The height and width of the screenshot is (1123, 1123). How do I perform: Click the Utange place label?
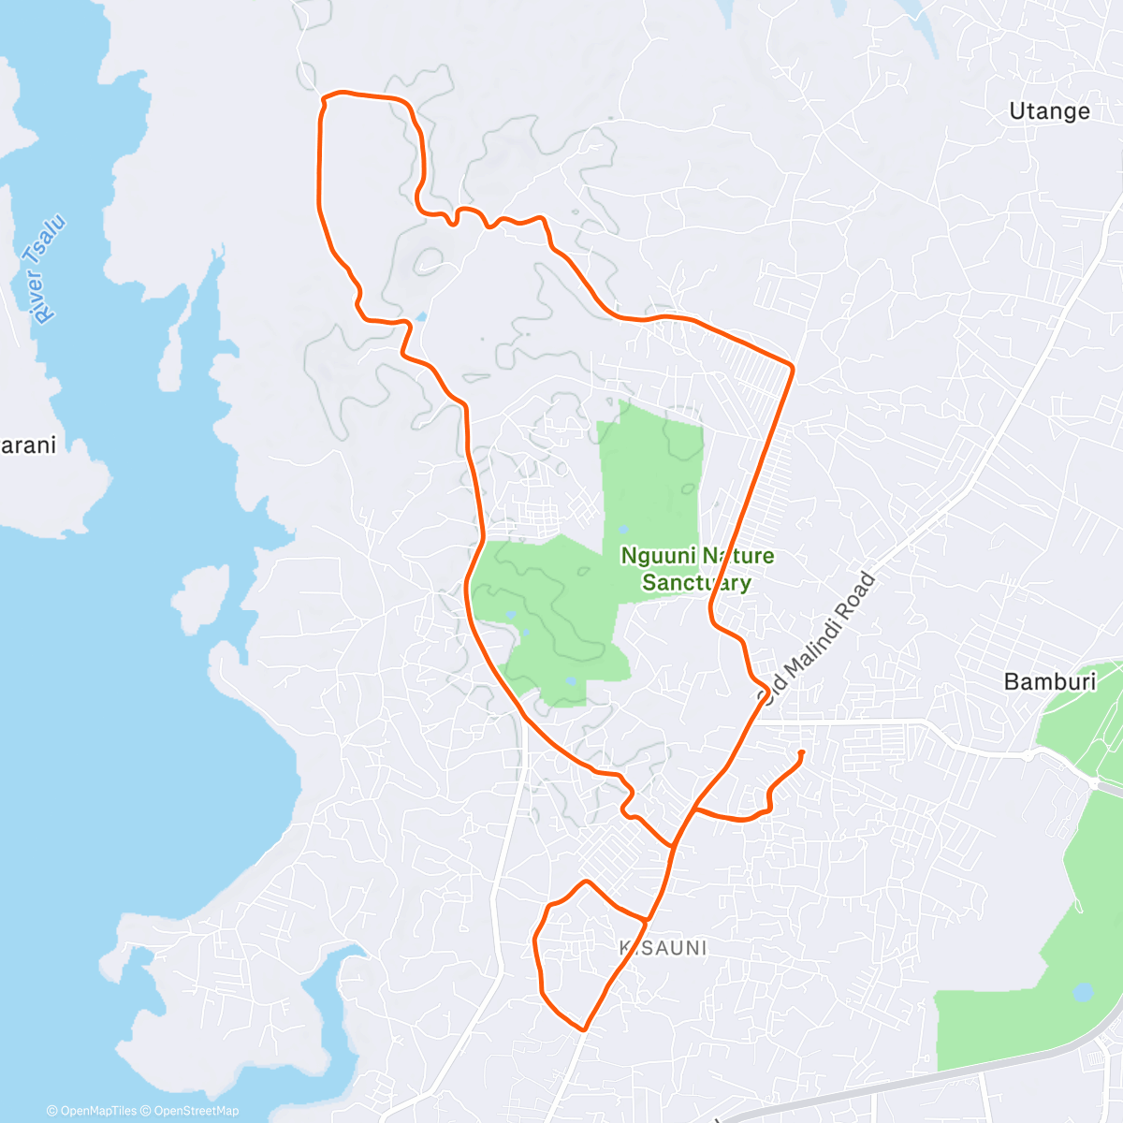point(1049,111)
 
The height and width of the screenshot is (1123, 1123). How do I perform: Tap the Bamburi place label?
point(1049,681)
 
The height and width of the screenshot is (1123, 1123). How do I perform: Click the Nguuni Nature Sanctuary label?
point(697,569)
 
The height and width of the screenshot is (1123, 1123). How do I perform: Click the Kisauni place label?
point(663,948)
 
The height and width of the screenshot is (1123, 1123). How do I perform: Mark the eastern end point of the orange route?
point(802,752)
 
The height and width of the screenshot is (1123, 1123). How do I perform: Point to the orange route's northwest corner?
point(324,98)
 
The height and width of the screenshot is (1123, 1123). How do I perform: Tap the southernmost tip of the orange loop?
point(584,1029)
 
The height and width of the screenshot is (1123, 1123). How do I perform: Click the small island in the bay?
point(199,597)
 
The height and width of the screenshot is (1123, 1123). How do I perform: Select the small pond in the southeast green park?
point(1083,991)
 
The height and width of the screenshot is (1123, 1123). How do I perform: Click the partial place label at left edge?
point(27,445)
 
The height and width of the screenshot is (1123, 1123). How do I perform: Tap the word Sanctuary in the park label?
point(697,582)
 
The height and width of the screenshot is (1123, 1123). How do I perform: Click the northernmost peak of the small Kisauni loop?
point(586,882)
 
